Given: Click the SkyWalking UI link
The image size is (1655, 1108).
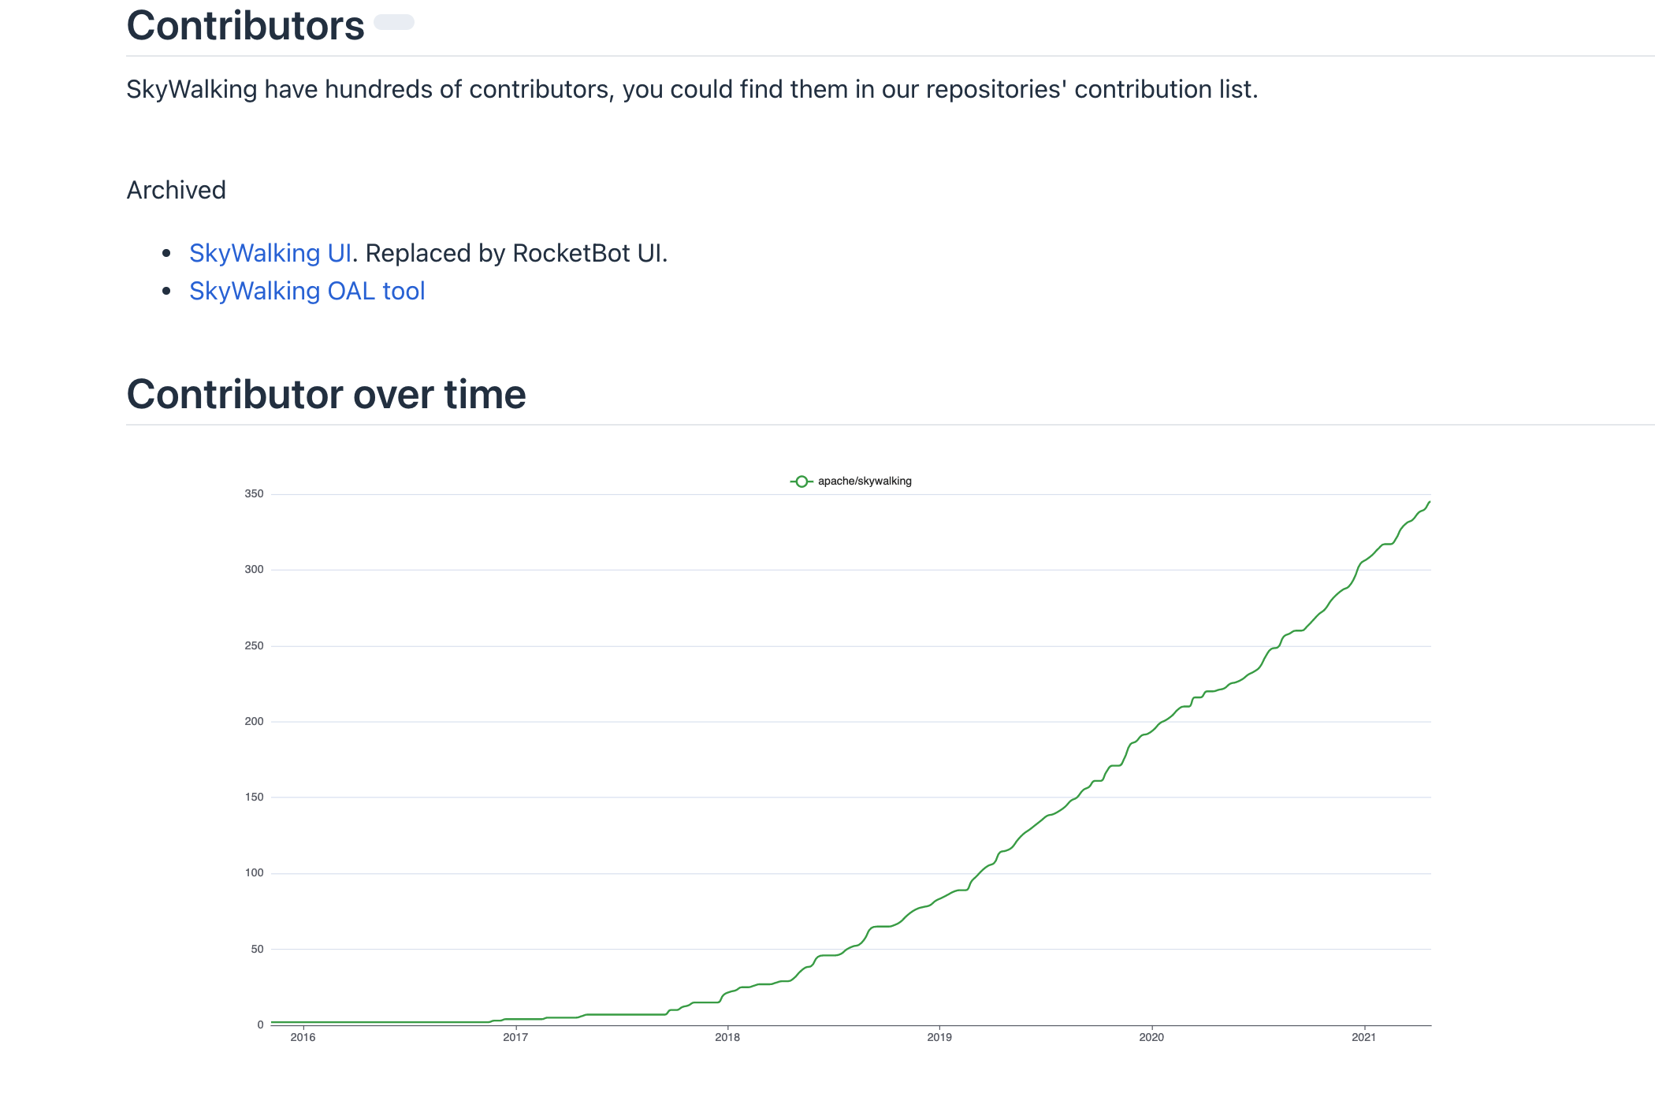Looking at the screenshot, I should click(x=270, y=253).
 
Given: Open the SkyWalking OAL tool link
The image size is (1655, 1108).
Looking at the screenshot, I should click(x=307, y=291).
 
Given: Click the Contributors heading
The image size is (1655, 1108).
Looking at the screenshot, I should click(x=245, y=26).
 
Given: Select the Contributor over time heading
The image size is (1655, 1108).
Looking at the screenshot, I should click(x=325, y=394).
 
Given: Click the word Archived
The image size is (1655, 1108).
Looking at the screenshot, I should click(x=176, y=190).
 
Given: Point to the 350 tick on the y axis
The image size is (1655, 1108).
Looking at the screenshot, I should click(x=254, y=494).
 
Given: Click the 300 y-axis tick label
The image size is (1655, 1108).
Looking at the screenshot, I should click(x=254, y=570).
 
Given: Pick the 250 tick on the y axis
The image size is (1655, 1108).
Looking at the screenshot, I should click(x=254, y=645).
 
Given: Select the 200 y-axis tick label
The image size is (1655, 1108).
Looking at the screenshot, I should click(x=254, y=721).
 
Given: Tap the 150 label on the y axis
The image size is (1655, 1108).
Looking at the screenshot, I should click(x=254, y=797).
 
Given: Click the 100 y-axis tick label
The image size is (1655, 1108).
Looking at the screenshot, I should click(x=254, y=872).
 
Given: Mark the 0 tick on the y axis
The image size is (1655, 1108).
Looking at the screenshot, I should click(x=260, y=1024).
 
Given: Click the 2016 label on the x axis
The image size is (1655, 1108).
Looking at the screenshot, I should click(x=303, y=1037).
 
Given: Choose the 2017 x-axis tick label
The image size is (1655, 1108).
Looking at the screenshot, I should click(x=515, y=1037).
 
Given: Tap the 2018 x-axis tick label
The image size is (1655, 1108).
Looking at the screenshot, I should click(x=727, y=1037).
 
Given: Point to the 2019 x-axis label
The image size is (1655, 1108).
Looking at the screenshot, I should click(x=939, y=1037).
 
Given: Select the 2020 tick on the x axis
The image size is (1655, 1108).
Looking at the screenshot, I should click(x=1151, y=1037).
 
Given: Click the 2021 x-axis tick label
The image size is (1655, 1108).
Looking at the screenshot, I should click(x=1363, y=1037).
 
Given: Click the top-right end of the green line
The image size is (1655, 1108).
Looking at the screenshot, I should click(x=1429, y=502).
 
